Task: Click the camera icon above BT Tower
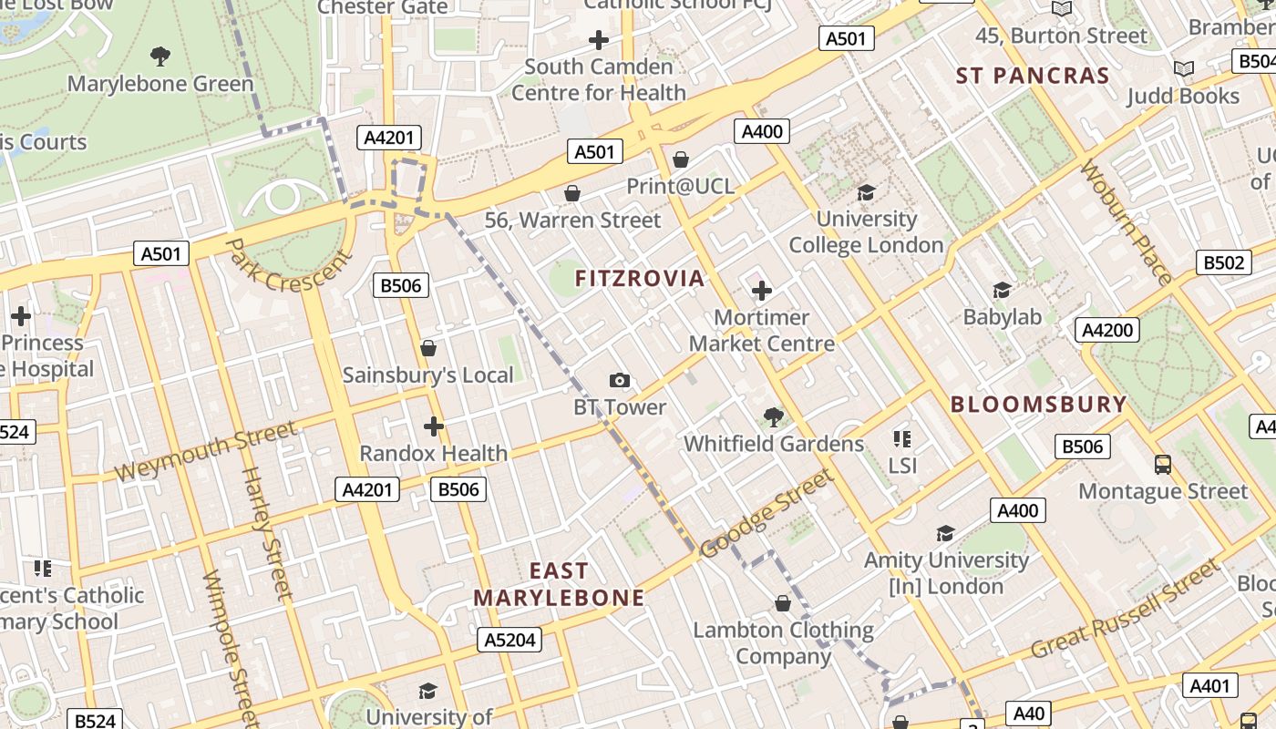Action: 620,381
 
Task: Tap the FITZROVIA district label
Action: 640,279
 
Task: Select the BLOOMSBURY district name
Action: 1039,405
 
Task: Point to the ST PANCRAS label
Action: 1033,76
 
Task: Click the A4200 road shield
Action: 1107,330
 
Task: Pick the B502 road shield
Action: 1223,262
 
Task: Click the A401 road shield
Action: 1210,685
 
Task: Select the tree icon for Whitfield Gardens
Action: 773,417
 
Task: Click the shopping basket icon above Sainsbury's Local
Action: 428,348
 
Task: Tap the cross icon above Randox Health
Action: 434,426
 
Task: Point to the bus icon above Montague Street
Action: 1163,465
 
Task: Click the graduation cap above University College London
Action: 866,192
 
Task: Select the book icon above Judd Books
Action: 1184,69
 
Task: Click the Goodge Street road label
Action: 767,514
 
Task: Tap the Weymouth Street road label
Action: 206,451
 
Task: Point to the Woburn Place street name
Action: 1125,221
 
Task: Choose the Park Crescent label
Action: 287,265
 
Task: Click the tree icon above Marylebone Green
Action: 160,56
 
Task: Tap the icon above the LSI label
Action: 902,439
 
